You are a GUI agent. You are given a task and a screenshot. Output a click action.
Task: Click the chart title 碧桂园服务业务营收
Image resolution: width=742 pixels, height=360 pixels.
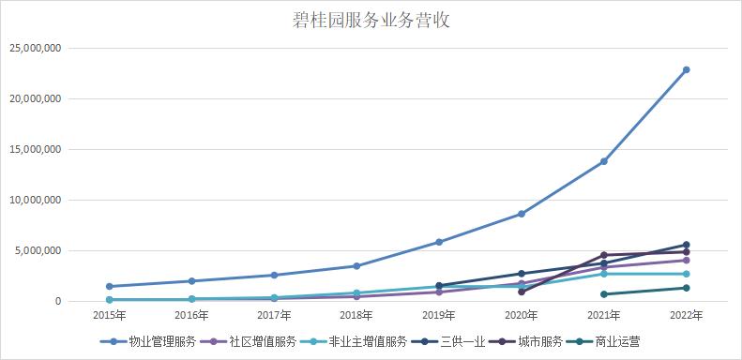click(371, 21)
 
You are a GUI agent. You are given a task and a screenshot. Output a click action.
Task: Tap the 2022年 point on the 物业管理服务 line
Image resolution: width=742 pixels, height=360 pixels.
click(687, 69)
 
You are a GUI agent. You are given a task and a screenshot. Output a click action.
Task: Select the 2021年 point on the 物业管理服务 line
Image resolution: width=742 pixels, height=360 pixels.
click(604, 161)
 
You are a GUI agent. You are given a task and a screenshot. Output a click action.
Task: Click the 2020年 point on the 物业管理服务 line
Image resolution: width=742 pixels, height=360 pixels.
click(522, 214)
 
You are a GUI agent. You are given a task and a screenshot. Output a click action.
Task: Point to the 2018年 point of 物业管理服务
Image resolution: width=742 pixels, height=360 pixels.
click(356, 266)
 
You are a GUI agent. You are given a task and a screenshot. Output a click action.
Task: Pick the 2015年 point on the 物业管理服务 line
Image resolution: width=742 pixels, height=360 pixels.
click(110, 286)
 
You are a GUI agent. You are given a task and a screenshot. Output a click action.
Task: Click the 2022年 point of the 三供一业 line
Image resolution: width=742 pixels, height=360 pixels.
click(687, 245)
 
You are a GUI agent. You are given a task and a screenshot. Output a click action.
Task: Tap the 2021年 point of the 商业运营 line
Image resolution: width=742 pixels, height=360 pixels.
click(604, 294)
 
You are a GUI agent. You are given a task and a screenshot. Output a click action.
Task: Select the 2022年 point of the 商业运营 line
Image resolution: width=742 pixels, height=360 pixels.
click(687, 288)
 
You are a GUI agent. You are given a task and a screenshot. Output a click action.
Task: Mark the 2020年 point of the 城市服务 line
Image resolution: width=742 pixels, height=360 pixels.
click(522, 292)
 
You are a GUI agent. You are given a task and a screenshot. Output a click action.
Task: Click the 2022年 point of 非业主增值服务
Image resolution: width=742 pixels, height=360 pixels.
click(687, 274)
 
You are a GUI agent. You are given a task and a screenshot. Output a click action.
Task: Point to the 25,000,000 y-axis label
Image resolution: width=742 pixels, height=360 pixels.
click(37, 48)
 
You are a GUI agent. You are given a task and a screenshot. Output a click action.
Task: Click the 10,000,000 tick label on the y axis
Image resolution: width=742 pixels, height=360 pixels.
click(37, 200)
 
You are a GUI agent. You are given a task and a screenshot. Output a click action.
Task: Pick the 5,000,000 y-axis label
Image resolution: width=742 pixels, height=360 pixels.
click(39, 250)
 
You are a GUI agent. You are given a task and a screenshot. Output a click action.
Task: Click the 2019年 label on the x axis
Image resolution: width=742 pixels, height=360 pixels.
click(439, 315)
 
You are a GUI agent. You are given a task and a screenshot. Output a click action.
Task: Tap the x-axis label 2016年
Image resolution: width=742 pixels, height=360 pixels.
click(192, 315)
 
